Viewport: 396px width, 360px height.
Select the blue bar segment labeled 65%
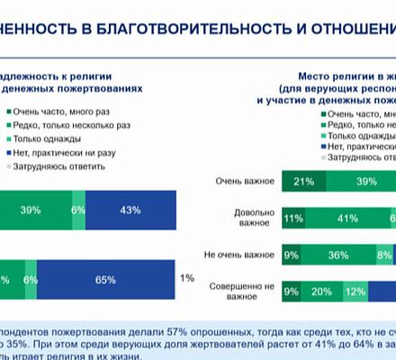click(x=105, y=280)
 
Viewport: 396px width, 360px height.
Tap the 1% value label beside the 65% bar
click(x=186, y=279)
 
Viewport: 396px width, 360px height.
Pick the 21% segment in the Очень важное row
click(x=303, y=183)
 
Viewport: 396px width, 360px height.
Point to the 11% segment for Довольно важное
click(x=292, y=218)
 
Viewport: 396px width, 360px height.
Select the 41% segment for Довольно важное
click(x=343, y=218)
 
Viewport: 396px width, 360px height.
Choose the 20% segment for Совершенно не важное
click(x=321, y=291)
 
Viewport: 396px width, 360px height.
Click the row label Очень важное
click(x=244, y=182)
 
